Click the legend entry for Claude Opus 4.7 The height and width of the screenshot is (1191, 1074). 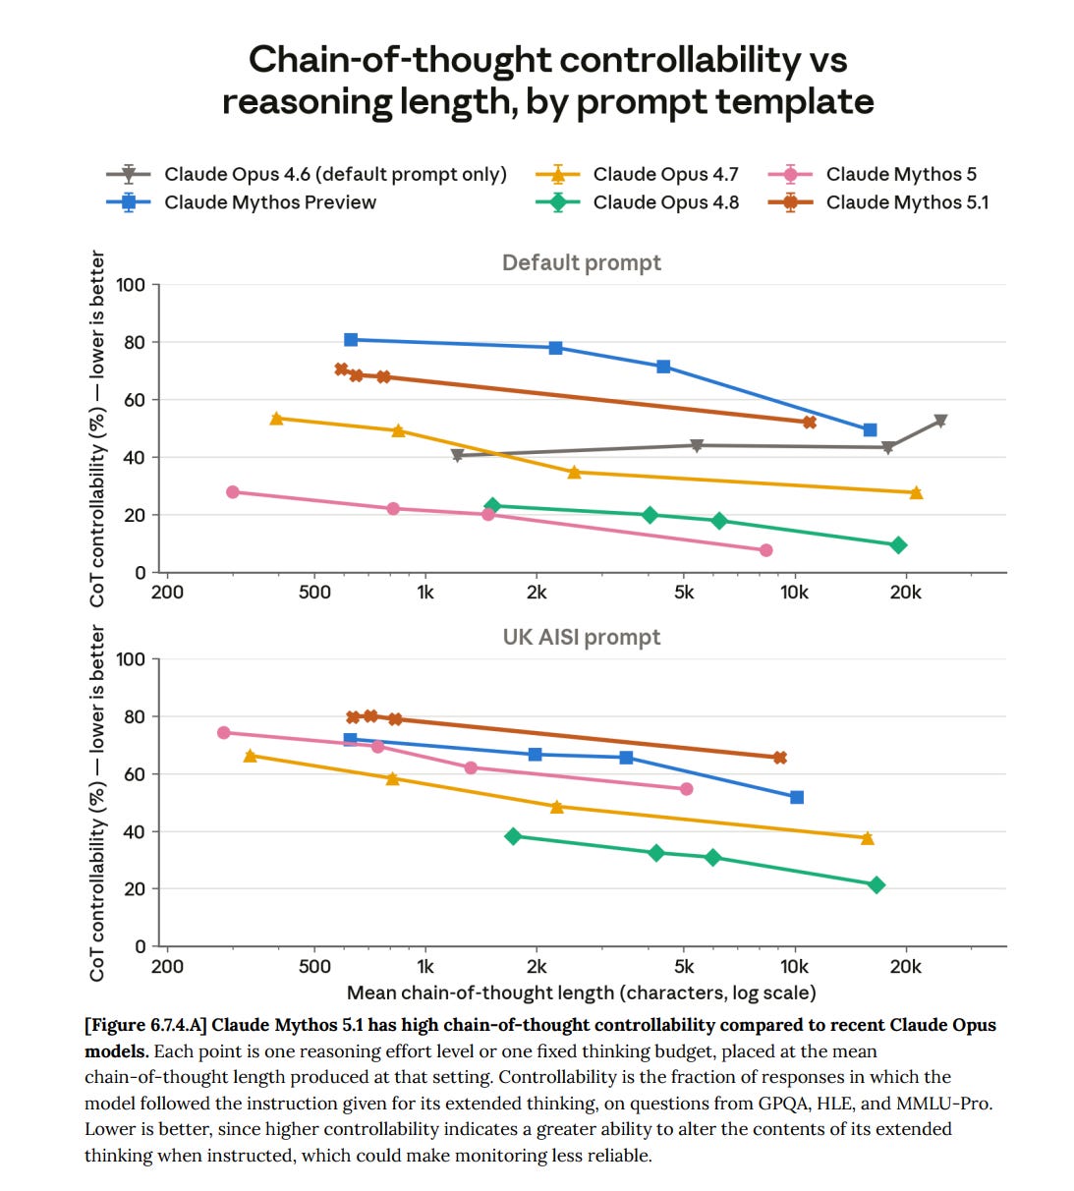pos(637,174)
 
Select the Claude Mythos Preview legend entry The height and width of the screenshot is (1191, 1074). pos(241,202)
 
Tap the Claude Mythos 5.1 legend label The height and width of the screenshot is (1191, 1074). pos(878,202)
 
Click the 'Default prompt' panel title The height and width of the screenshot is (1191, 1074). pos(582,262)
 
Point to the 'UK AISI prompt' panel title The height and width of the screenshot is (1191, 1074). pos(582,637)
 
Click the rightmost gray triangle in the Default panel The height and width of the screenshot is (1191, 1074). pos(940,421)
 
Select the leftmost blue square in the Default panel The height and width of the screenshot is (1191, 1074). pos(351,340)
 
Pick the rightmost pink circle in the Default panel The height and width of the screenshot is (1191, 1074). pos(765,550)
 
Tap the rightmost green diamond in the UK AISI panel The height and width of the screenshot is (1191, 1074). pos(876,884)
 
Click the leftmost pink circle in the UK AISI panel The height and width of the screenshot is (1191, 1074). pos(224,733)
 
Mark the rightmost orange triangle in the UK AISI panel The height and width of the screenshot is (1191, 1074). pos(868,838)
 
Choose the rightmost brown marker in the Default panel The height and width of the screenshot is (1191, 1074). pos(810,423)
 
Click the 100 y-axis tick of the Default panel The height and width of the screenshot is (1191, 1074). pos(131,285)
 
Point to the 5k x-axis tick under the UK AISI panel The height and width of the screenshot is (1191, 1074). pos(684,967)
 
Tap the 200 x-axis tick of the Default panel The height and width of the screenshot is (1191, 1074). pos(167,592)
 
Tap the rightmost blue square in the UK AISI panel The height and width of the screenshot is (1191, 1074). pos(797,797)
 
